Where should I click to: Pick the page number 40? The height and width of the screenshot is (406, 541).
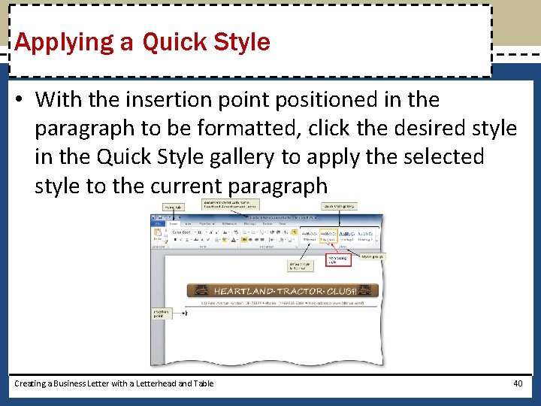click(x=517, y=383)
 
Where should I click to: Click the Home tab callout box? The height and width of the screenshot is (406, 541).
click(x=174, y=207)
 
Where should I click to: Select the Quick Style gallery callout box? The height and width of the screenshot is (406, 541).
click(x=340, y=205)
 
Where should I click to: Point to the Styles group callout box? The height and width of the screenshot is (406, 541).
click(x=372, y=256)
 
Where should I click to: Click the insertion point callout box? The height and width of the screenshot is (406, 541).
click(x=161, y=314)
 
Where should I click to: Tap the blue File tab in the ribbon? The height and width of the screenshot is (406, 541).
click(x=159, y=223)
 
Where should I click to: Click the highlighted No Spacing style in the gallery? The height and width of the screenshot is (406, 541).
click(x=328, y=235)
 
